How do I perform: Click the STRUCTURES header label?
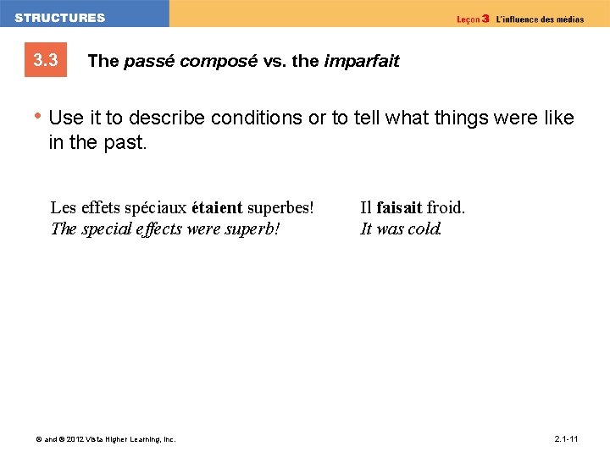[x=60, y=18]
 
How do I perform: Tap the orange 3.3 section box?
[x=46, y=61]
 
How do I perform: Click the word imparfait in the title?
[x=361, y=61]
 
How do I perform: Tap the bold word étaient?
[x=217, y=207]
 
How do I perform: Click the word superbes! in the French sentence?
[x=280, y=207]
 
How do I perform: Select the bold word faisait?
[x=399, y=207]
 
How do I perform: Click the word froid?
[x=446, y=207]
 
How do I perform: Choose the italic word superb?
[x=253, y=228]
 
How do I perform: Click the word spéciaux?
[x=156, y=207]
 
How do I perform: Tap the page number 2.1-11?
[x=566, y=439]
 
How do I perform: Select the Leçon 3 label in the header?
[x=473, y=19]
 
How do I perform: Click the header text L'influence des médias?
[x=539, y=19]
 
